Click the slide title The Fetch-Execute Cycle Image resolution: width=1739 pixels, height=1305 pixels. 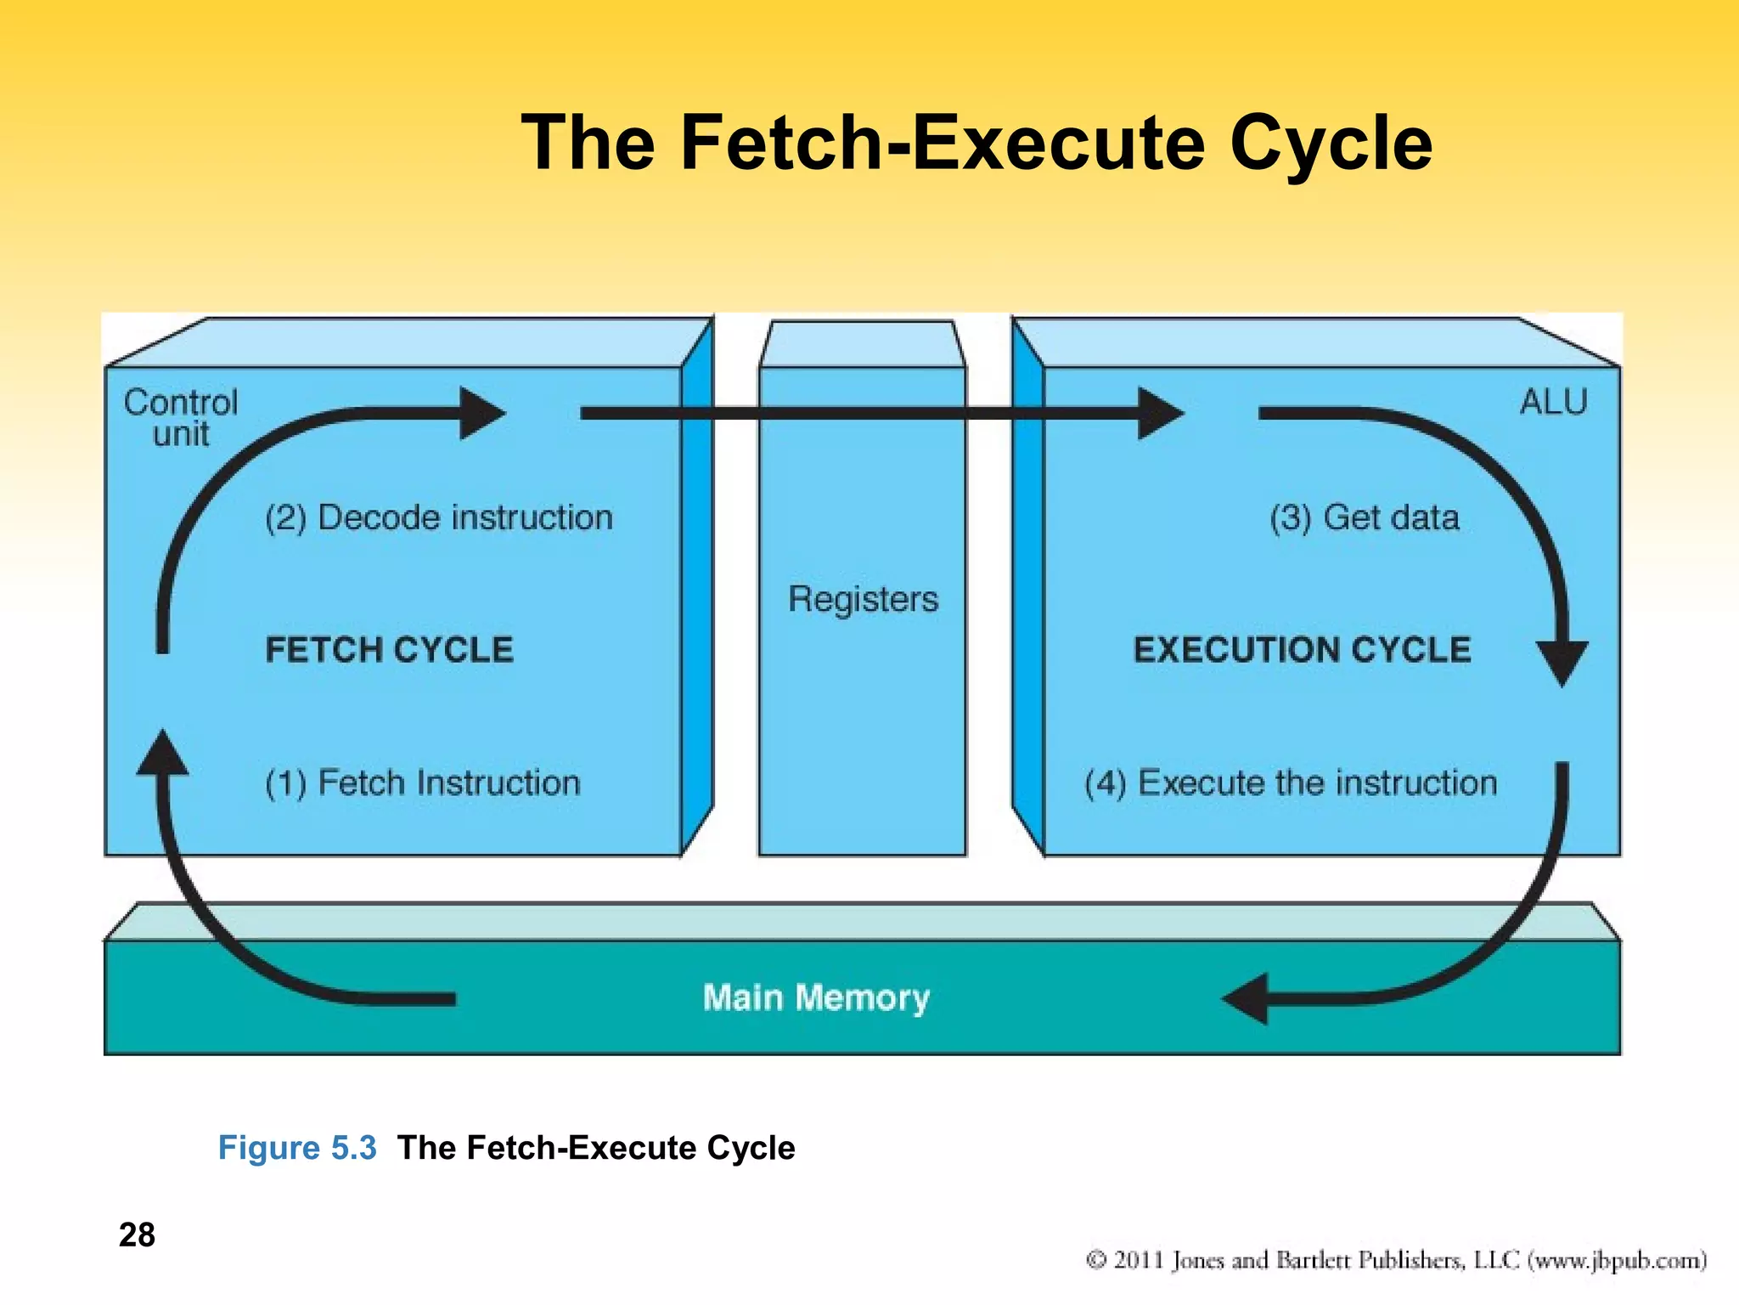976,143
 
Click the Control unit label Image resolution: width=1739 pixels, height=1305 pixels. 181,417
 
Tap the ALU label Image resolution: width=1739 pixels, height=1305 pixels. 1552,402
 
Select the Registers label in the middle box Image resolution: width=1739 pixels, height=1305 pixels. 863,599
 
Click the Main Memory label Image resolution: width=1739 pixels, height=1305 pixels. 816,997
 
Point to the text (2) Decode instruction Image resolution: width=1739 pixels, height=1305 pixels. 438,517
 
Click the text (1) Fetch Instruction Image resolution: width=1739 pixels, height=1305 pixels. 422,782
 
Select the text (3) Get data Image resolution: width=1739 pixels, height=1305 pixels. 1364,517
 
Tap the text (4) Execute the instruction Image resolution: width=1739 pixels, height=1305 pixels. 1290,782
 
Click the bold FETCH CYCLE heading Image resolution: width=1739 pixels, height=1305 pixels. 389,650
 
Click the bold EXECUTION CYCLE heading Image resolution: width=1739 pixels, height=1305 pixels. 1302,650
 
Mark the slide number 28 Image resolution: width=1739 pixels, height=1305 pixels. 137,1234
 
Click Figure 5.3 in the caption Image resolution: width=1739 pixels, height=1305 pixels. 297,1148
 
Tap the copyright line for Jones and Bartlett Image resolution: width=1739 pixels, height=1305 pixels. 1395,1259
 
